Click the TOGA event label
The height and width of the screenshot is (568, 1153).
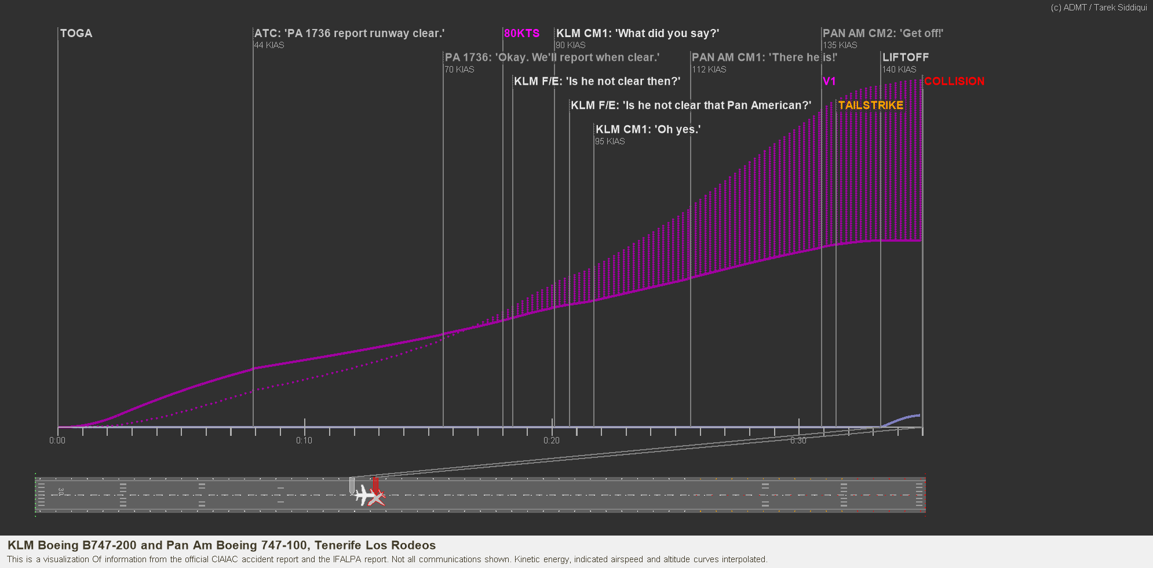point(76,34)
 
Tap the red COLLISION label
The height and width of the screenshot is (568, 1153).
point(954,82)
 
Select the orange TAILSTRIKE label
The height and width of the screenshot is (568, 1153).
point(870,105)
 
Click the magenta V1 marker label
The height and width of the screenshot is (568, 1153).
point(829,82)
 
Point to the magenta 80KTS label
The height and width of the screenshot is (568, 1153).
point(521,34)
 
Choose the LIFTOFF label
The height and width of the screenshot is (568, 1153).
point(905,57)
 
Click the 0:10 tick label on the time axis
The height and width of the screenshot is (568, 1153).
point(304,440)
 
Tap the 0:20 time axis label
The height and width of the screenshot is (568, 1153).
point(552,440)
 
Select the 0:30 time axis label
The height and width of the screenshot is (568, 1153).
point(798,440)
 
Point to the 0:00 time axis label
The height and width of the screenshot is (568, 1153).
point(57,440)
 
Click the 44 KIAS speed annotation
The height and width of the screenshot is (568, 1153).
point(269,45)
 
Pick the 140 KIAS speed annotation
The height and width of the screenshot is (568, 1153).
point(899,70)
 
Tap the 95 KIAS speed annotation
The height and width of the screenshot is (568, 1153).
point(610,141)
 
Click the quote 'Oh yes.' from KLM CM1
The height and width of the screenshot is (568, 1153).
point(678,129)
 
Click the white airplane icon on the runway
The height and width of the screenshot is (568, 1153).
point(364,496)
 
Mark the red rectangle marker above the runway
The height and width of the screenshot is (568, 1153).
point(376,484)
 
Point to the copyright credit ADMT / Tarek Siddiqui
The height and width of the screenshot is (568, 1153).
point(1099,8)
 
